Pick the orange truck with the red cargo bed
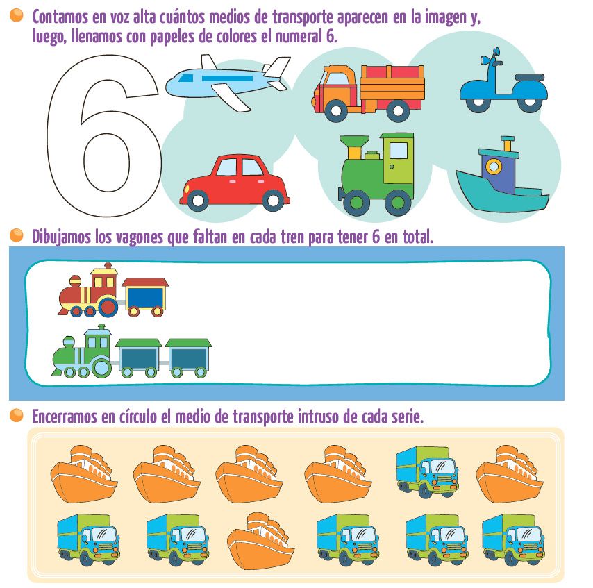coord(368,90)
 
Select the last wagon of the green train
coord(188,357)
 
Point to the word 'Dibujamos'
coord(62,237)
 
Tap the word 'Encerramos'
coord(66,417)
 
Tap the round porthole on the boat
coord(493,167)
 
